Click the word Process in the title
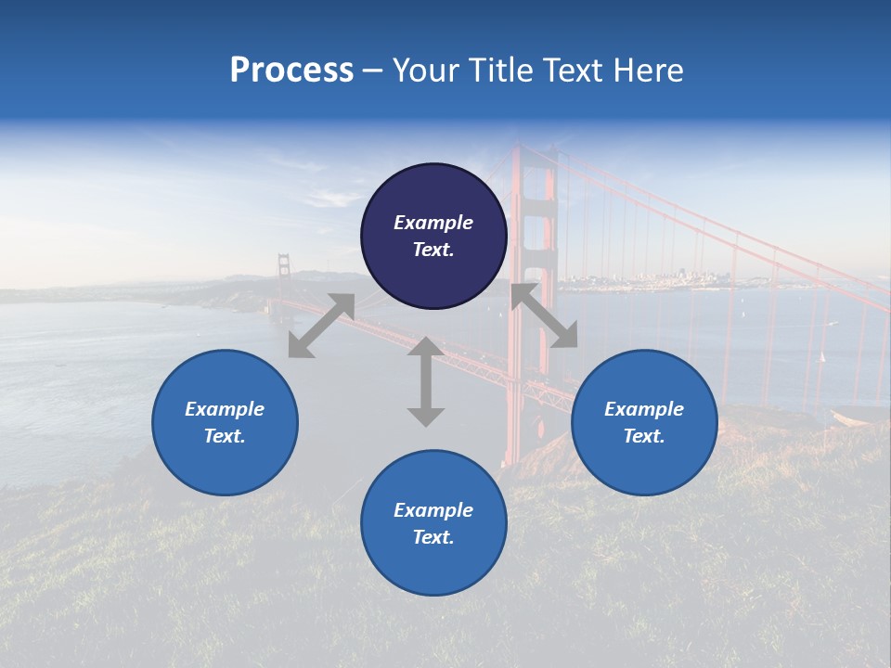[x=291, y=71]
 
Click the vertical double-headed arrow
[x=425, y=381]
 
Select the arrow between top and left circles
[x=321, y=326]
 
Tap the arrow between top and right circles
[x=544, y=316]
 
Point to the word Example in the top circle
[x=433, y=223]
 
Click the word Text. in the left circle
[x=225, y=436]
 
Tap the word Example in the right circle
[x=644, y=409]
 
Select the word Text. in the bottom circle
[x=433, y=537]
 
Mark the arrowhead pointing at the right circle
[x=565, y=337]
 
